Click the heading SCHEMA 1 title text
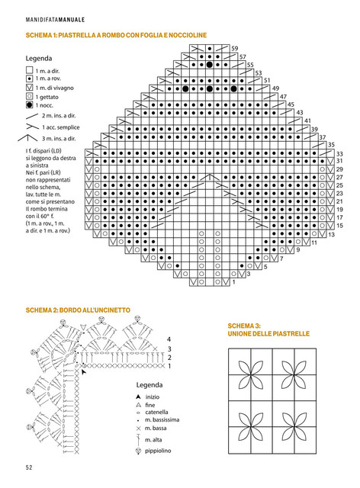click(x=116, y=35)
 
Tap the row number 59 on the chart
click(x=234, y=49)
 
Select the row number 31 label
click(x=339, y=161)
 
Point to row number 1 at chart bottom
click(x=234, y=282)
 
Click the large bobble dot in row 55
click(x=210, y=65)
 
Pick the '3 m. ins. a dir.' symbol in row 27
click(x=210, y=178)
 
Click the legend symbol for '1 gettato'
click(x=29, y=97)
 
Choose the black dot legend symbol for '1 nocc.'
click(x=29, y=105)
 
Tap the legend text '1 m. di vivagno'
click(x=54, y=88)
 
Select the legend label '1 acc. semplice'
click(x=61, y=127)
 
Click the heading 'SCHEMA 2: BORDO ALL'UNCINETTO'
click(x=78, y=310)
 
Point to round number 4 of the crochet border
click(x=169, y=339)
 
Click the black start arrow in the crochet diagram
click(x=83, y=371)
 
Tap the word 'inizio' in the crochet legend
click(x=153, y=397)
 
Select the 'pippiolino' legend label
click(x=158, y=451)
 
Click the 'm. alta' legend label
click(x=153, y=440)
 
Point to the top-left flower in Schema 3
click(x=251, y=375)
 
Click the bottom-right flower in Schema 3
click(x=294, y=427)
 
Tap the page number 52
click(x=29, y=467)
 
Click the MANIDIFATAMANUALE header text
click(x=55, y=20)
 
